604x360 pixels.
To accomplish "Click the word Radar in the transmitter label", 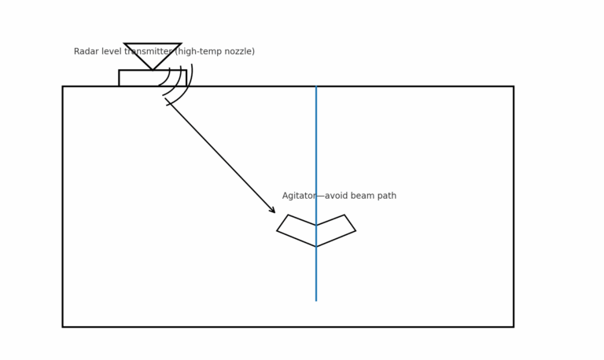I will pos(87,52).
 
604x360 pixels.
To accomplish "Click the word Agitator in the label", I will pos(299,196).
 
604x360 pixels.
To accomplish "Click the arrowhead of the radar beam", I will pos(273,211).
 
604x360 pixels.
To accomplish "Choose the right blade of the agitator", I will pos(337,230).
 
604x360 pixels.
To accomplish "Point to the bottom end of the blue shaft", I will pos(316,299).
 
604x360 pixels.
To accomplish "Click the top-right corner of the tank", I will pos(514,86).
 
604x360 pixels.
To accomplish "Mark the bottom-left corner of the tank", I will pos(63,326).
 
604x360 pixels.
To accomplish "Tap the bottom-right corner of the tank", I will pos(514,326).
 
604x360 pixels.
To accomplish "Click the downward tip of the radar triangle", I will pos(153,69).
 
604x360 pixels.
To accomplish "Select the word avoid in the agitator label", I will pos(337,196).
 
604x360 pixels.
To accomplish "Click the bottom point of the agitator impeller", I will pos(316,246).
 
